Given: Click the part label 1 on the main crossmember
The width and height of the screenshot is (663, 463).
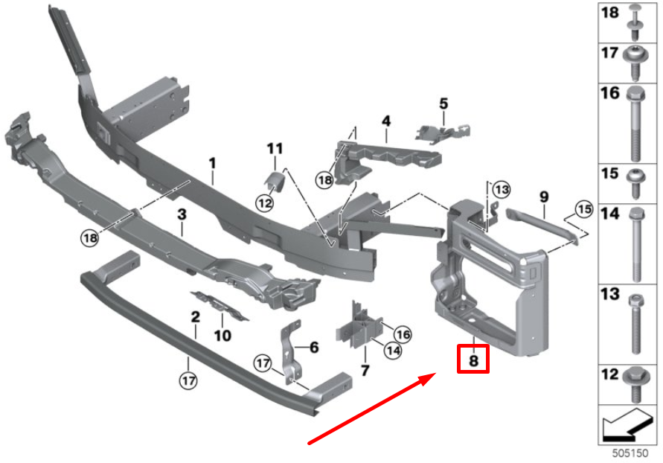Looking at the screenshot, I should tap(212, 162).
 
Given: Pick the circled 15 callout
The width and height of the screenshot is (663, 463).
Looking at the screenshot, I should tap(583, 210).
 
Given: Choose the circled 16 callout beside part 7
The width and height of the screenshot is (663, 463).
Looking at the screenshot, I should tap(402, 333).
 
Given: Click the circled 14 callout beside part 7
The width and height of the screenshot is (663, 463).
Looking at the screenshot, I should tap(393, 351).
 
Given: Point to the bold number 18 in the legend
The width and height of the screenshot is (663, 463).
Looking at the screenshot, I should tap(609, 13).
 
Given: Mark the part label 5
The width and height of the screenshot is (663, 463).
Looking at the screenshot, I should tap(443, 103).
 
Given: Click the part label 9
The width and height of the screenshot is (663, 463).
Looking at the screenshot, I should tap(543, 197).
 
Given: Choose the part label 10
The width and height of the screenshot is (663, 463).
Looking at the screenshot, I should tap(222, 335).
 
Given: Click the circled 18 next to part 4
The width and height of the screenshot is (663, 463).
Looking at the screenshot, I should tap(324, 179).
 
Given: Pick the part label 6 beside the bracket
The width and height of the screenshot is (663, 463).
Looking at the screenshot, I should tap(313, 347).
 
